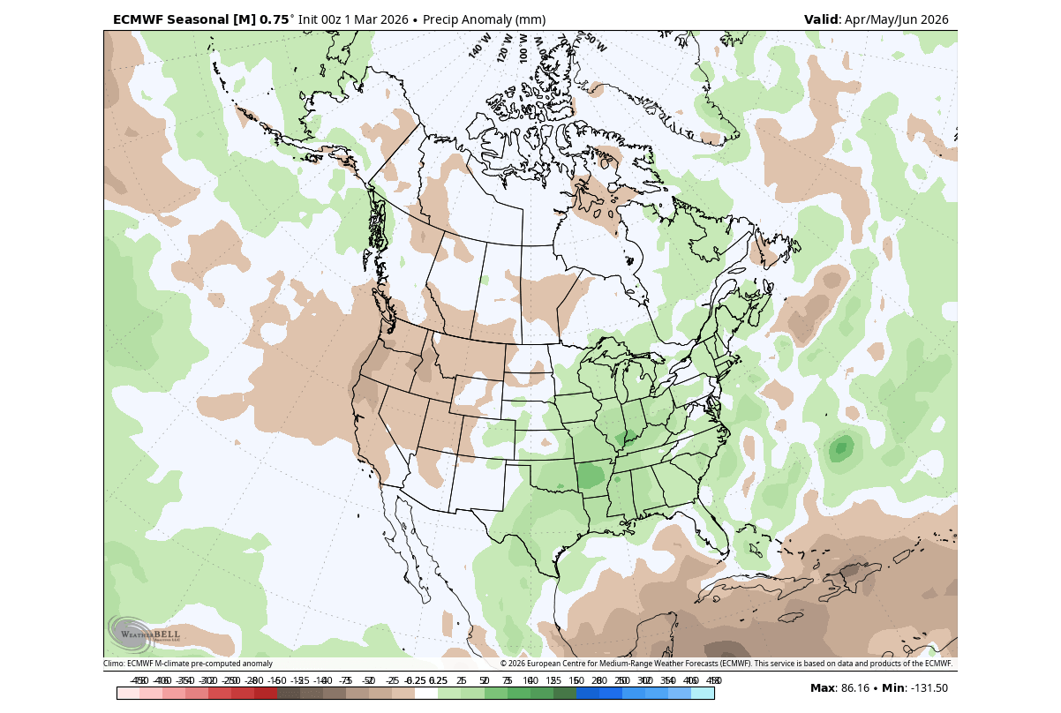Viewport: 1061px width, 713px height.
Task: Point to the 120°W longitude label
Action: [504, 47]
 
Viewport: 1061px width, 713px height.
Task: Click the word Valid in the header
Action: [821, 19]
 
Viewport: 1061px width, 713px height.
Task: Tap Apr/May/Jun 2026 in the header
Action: [896, 19]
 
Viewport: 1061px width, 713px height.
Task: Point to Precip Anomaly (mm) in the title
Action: [484, 19]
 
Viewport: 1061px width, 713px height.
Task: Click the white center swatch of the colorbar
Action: [425, 694]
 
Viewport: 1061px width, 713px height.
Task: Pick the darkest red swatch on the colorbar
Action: [266, 694]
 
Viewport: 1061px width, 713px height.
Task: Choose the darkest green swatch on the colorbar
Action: [564, 694]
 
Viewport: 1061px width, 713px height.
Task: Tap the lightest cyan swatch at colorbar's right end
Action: [703, 694]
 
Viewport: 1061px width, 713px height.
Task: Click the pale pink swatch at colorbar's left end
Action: [128, 694]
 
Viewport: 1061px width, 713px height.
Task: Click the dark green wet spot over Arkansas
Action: [591, 477]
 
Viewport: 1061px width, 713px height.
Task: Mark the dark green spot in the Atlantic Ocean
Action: [840, 448]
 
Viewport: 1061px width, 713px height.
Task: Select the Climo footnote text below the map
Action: [188, 664]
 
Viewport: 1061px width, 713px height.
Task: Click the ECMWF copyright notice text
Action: [726, 664]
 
